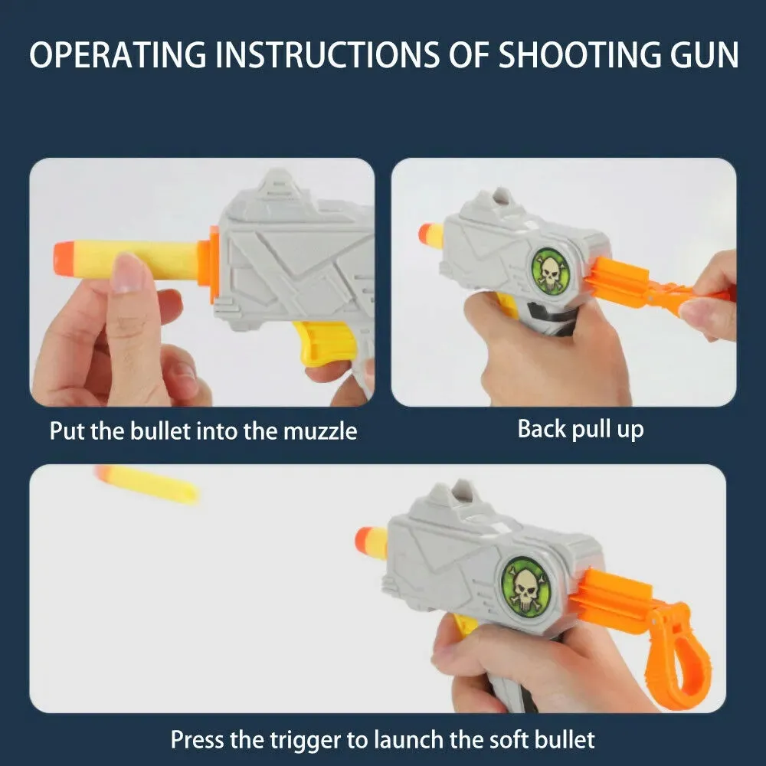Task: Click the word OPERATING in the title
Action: (118, 54)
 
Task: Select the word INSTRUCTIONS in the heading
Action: (327, 54)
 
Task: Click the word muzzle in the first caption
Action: (320, 431)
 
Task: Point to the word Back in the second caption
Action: (542, 429)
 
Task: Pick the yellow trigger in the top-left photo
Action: (322, 342)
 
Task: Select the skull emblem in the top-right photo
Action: (551, 271)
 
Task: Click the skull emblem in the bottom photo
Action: (525, 587)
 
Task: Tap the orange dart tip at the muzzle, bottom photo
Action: (365, 542)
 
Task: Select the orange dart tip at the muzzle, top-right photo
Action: (425, 233)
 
